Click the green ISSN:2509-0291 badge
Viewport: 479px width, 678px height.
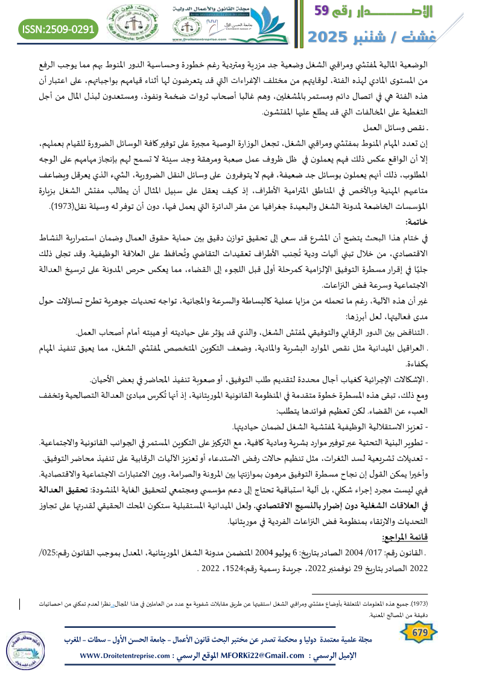pos(59,28)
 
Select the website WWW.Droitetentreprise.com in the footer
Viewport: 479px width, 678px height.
pos(127,656)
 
